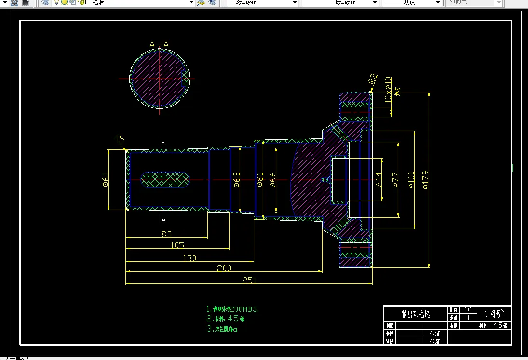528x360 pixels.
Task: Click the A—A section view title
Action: [x=159, y=45]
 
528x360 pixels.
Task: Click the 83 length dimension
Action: [x=166, y=234]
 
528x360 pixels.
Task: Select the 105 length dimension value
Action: [x=177, y=245]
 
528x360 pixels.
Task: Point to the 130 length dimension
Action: [x=190, y=258]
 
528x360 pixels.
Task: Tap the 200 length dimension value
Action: [x=224, y=268]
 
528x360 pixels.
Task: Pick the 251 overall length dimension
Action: [x=249, y=280]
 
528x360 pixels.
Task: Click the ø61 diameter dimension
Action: [x=106, y=180]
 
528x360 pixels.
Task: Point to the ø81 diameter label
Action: [x=260, y=179]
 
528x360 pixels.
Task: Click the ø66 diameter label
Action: [x=272, y=179]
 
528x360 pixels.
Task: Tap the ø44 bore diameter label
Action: [x=379, y=179]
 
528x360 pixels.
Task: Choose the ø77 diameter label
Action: [x=394, y=179]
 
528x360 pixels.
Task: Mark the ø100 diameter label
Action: [x=411, y=179]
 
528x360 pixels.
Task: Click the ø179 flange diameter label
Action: [x=425, y=179]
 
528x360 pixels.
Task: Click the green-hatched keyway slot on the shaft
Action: [x=165, y=180]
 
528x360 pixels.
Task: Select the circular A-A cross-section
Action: [x=159, y=78]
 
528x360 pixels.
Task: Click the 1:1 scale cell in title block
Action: [x=468, y=310]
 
